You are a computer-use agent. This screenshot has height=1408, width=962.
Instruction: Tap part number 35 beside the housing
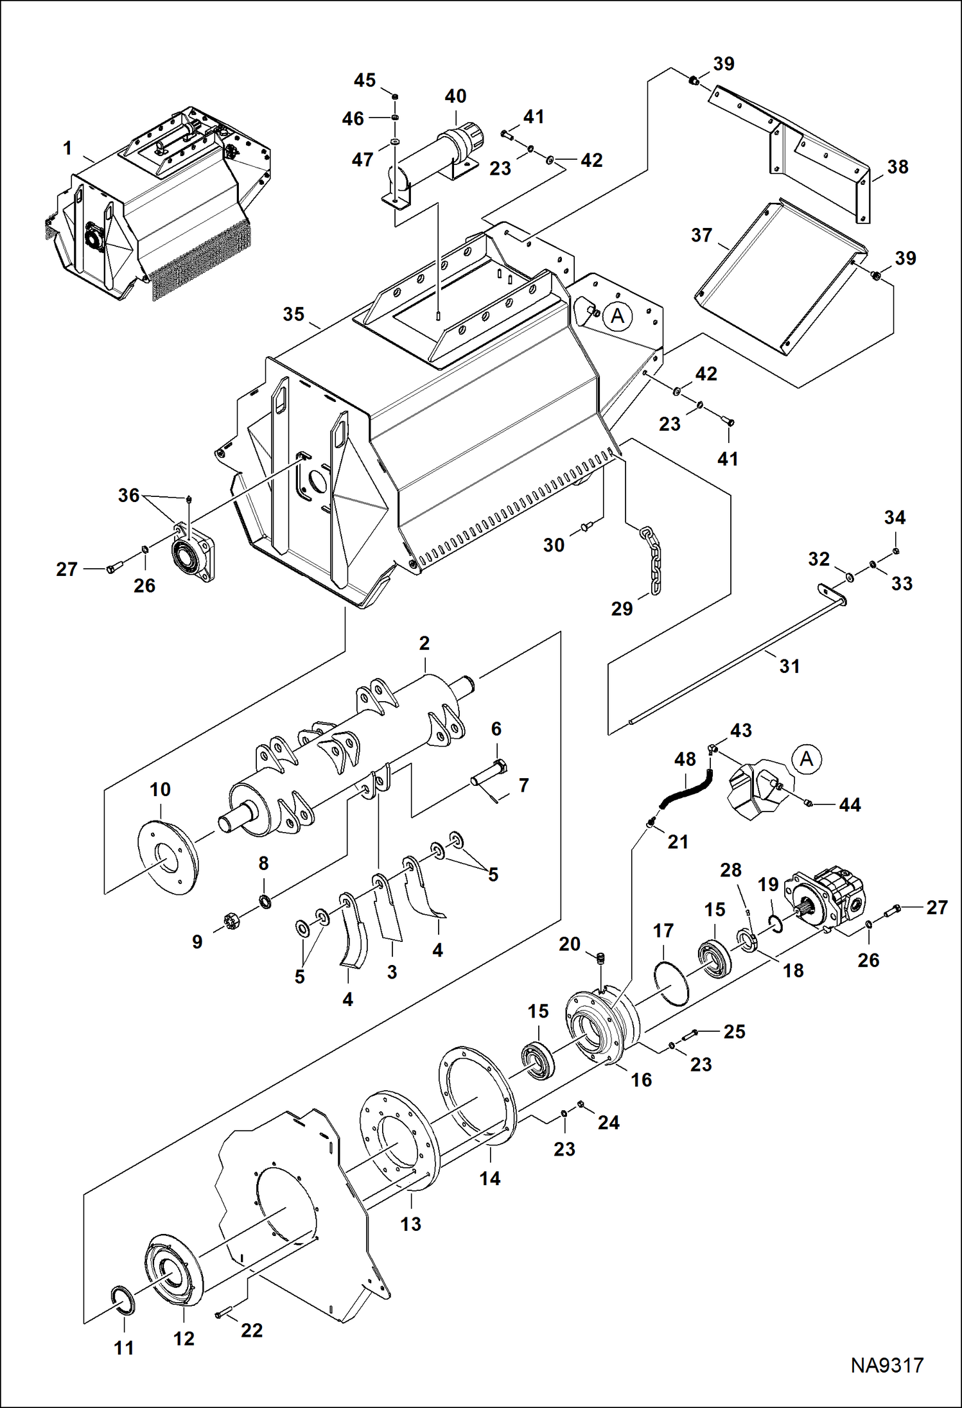[x=293, y=315]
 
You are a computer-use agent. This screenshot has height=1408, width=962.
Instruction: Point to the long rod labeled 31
[x=739, y=661]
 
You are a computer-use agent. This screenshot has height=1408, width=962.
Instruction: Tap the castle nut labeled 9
[x=231, y=923]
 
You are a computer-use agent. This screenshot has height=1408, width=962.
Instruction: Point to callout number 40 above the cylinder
[x=455, y=96]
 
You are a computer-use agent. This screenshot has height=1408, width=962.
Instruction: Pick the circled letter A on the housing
[x=618, y=316]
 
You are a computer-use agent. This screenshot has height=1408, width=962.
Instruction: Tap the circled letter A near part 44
[x=806, y=759]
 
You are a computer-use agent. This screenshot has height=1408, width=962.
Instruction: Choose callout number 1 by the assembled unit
[x=67, y=149]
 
